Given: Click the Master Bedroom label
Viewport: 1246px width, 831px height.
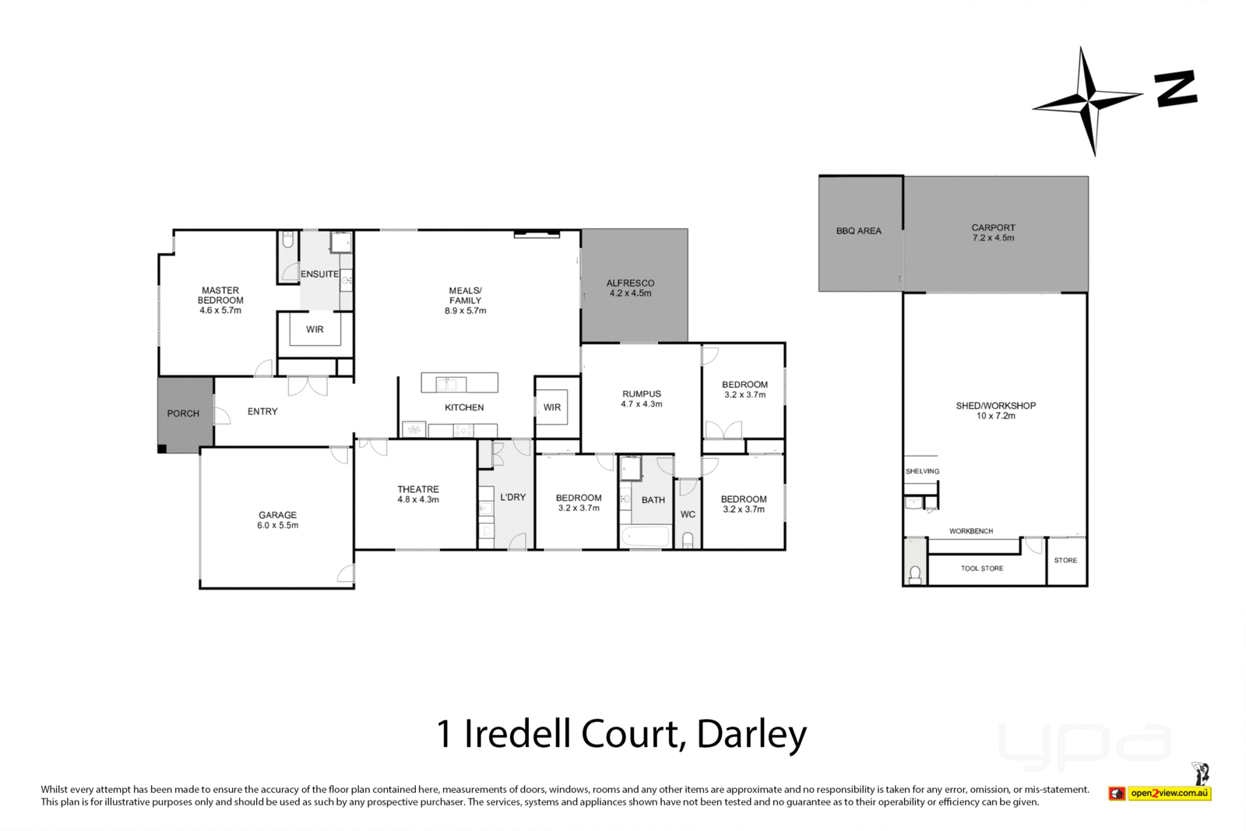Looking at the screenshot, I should tap(220, 300).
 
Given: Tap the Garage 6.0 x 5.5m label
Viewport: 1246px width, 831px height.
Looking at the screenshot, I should tap(278, 519).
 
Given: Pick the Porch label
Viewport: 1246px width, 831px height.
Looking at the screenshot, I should tap(183, 414).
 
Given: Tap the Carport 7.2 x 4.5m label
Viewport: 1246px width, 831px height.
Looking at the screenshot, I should tap(993, 233).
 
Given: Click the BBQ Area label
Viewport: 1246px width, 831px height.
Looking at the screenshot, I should tap(858, 231).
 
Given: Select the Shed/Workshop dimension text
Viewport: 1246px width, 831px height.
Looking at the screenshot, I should tap(995, 416).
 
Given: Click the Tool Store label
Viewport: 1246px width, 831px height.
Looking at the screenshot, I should tap(981, 569).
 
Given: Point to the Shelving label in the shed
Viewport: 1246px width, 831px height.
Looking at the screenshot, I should tap(922, 471).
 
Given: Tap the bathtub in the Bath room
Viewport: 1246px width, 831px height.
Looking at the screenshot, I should tap(646, 537).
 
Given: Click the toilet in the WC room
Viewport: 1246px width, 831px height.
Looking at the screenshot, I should tap(688, 539).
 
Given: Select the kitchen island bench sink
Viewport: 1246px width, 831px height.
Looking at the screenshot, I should tap(450, 383).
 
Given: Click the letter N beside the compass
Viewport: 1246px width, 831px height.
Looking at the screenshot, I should tap(1175, 89).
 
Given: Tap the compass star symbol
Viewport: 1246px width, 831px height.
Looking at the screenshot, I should tap(1088, 100).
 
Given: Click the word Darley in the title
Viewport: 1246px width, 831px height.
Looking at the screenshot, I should tap(751, 734).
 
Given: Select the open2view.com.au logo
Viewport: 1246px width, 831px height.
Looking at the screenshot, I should tap(1168, 793).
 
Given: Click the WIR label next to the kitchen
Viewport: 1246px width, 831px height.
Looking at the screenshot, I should tap(552, 407).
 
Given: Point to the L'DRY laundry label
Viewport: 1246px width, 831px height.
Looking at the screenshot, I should tap(513, 497).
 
